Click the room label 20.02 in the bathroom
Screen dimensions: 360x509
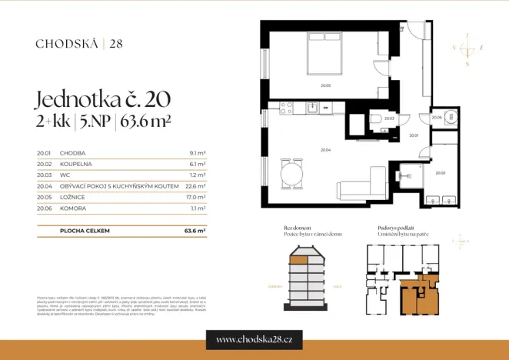[440, 173]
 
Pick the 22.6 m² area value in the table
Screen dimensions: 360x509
[197, 185]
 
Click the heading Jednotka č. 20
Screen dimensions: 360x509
[102, 99]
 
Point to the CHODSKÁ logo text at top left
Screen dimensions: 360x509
[68, 43]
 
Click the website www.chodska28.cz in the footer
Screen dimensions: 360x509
[254, 338]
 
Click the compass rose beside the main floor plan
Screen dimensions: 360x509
[467, 47]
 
